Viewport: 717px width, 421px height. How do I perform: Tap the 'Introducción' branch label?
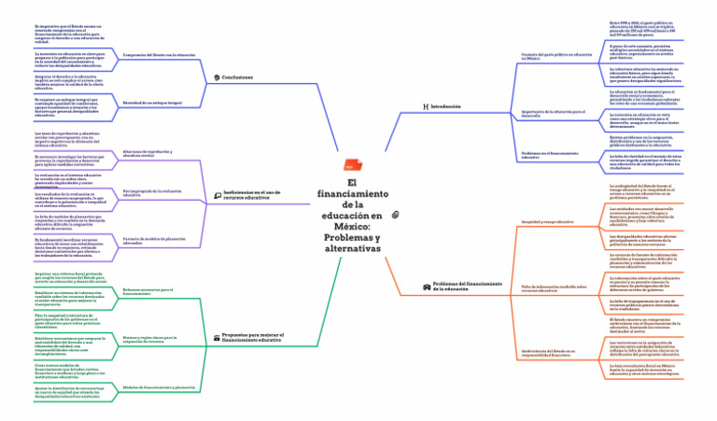click(446, 107)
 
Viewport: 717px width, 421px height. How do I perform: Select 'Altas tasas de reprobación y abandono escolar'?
click(146, 152)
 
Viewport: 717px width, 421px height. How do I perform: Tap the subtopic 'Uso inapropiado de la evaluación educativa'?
click(152, 193)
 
